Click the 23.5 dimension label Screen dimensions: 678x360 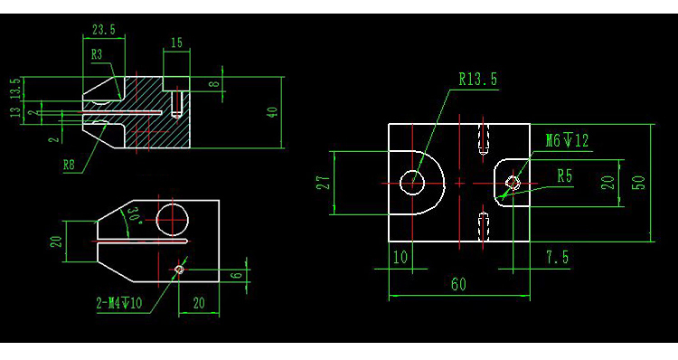pyautogui.click(x=104, y=30)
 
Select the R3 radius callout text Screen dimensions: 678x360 pyautogui.click(x=97, y=54)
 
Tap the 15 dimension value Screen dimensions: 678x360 pyautogui.click(x=177, y=43)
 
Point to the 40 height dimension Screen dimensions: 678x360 pyautogui.click(x=272, y=112)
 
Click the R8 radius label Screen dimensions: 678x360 pyautogui.click(x=69, y=165)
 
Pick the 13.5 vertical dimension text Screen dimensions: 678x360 pyautogui.click(x=15, y=89)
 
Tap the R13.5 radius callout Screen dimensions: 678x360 pyautogui.click(x=478, y=80)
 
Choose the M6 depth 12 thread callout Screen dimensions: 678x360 pyautogui.click(x=567, y=140)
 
